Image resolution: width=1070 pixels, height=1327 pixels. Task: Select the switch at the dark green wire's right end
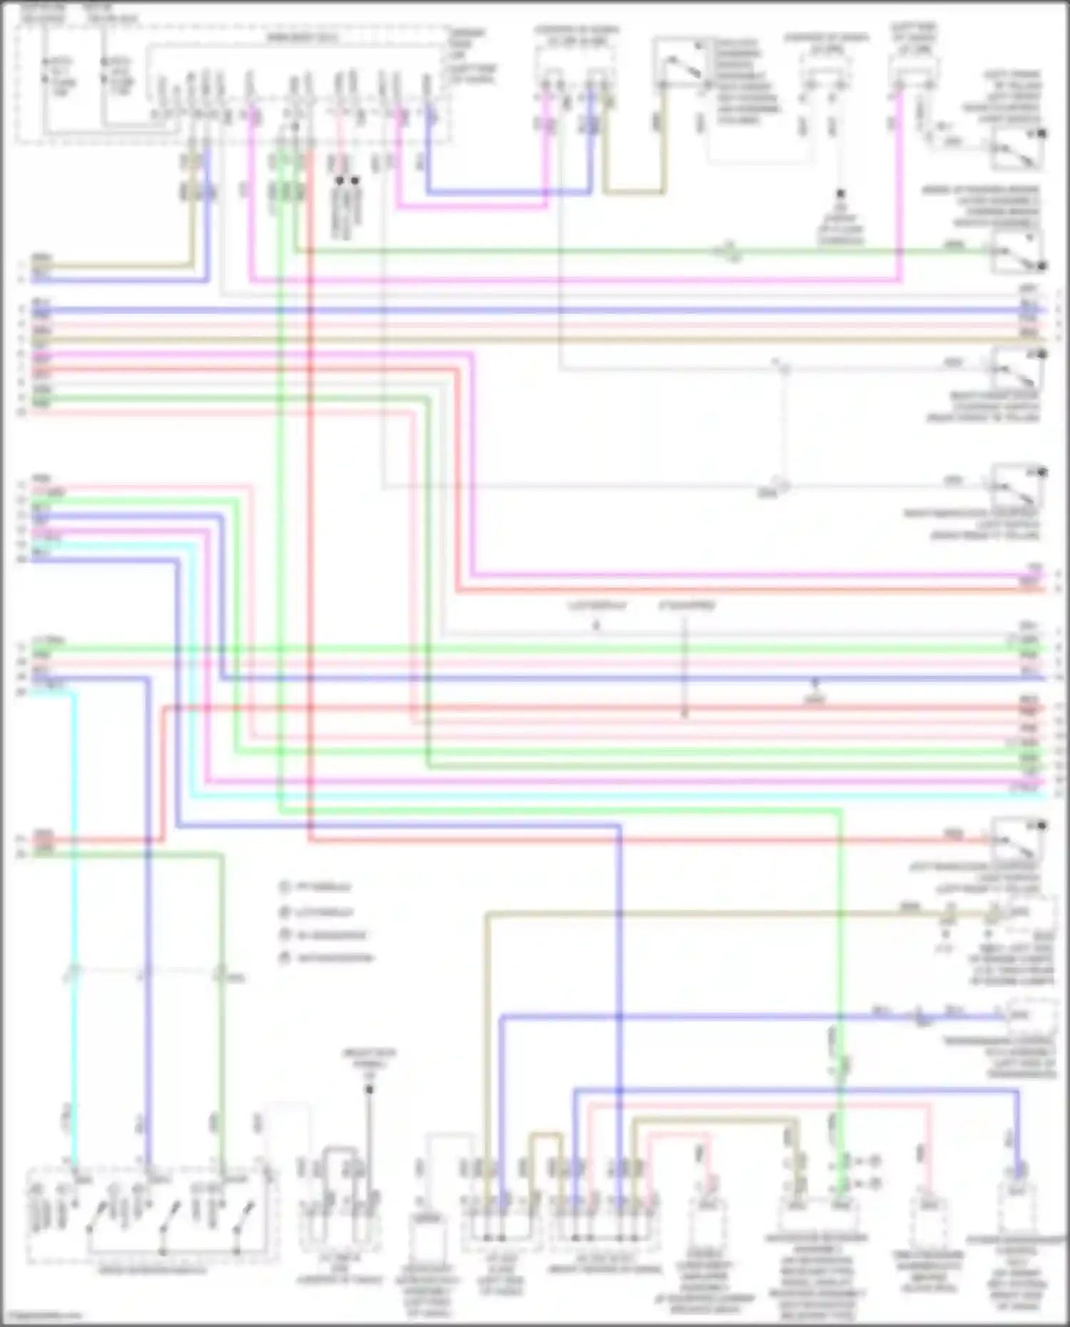click(x=1017, y=252)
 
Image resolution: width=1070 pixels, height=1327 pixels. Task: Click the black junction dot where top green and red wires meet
click(x=294, y=127)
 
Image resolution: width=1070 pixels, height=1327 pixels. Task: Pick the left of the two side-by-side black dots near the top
click(x=340, y=181)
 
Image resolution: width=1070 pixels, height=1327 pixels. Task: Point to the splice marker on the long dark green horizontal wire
click(x=728, y=250)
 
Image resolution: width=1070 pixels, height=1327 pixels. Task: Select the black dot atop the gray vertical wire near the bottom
click(x=369, y=1090)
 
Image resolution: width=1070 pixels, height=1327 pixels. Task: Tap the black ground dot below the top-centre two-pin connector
click(x=840, y=193)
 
